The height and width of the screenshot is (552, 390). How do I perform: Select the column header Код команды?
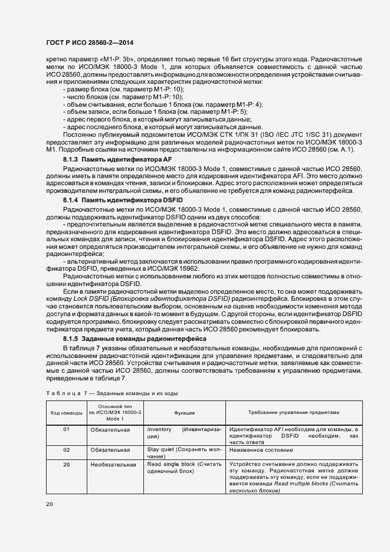(x=66, y=413)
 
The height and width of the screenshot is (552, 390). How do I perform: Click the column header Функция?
(x=184, y=413)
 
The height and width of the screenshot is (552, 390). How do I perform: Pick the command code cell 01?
(x=66, y=430)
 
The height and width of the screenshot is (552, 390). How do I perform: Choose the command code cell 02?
(x=66, y=449)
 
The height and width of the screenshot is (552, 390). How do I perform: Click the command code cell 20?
(x=66, y=465)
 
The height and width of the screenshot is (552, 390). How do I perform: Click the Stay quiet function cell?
(x=184, y=452)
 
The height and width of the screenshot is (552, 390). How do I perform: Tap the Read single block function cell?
(x=184, y=468)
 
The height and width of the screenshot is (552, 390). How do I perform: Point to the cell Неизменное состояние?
(x=257, y=449)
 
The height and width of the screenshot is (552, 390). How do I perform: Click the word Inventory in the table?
(x=159, y=430)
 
